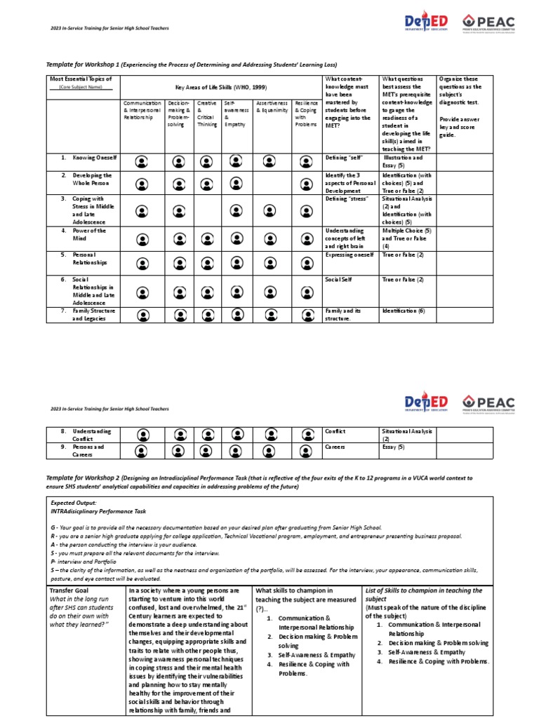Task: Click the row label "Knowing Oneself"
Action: coord(88,158)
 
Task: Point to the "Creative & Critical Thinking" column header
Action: coord(207,113)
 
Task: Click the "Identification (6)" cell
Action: coord(404,310)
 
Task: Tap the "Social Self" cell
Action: coord(338,279)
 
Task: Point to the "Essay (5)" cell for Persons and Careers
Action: coord(393,445)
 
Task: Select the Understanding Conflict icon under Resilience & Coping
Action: coord(305,434)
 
